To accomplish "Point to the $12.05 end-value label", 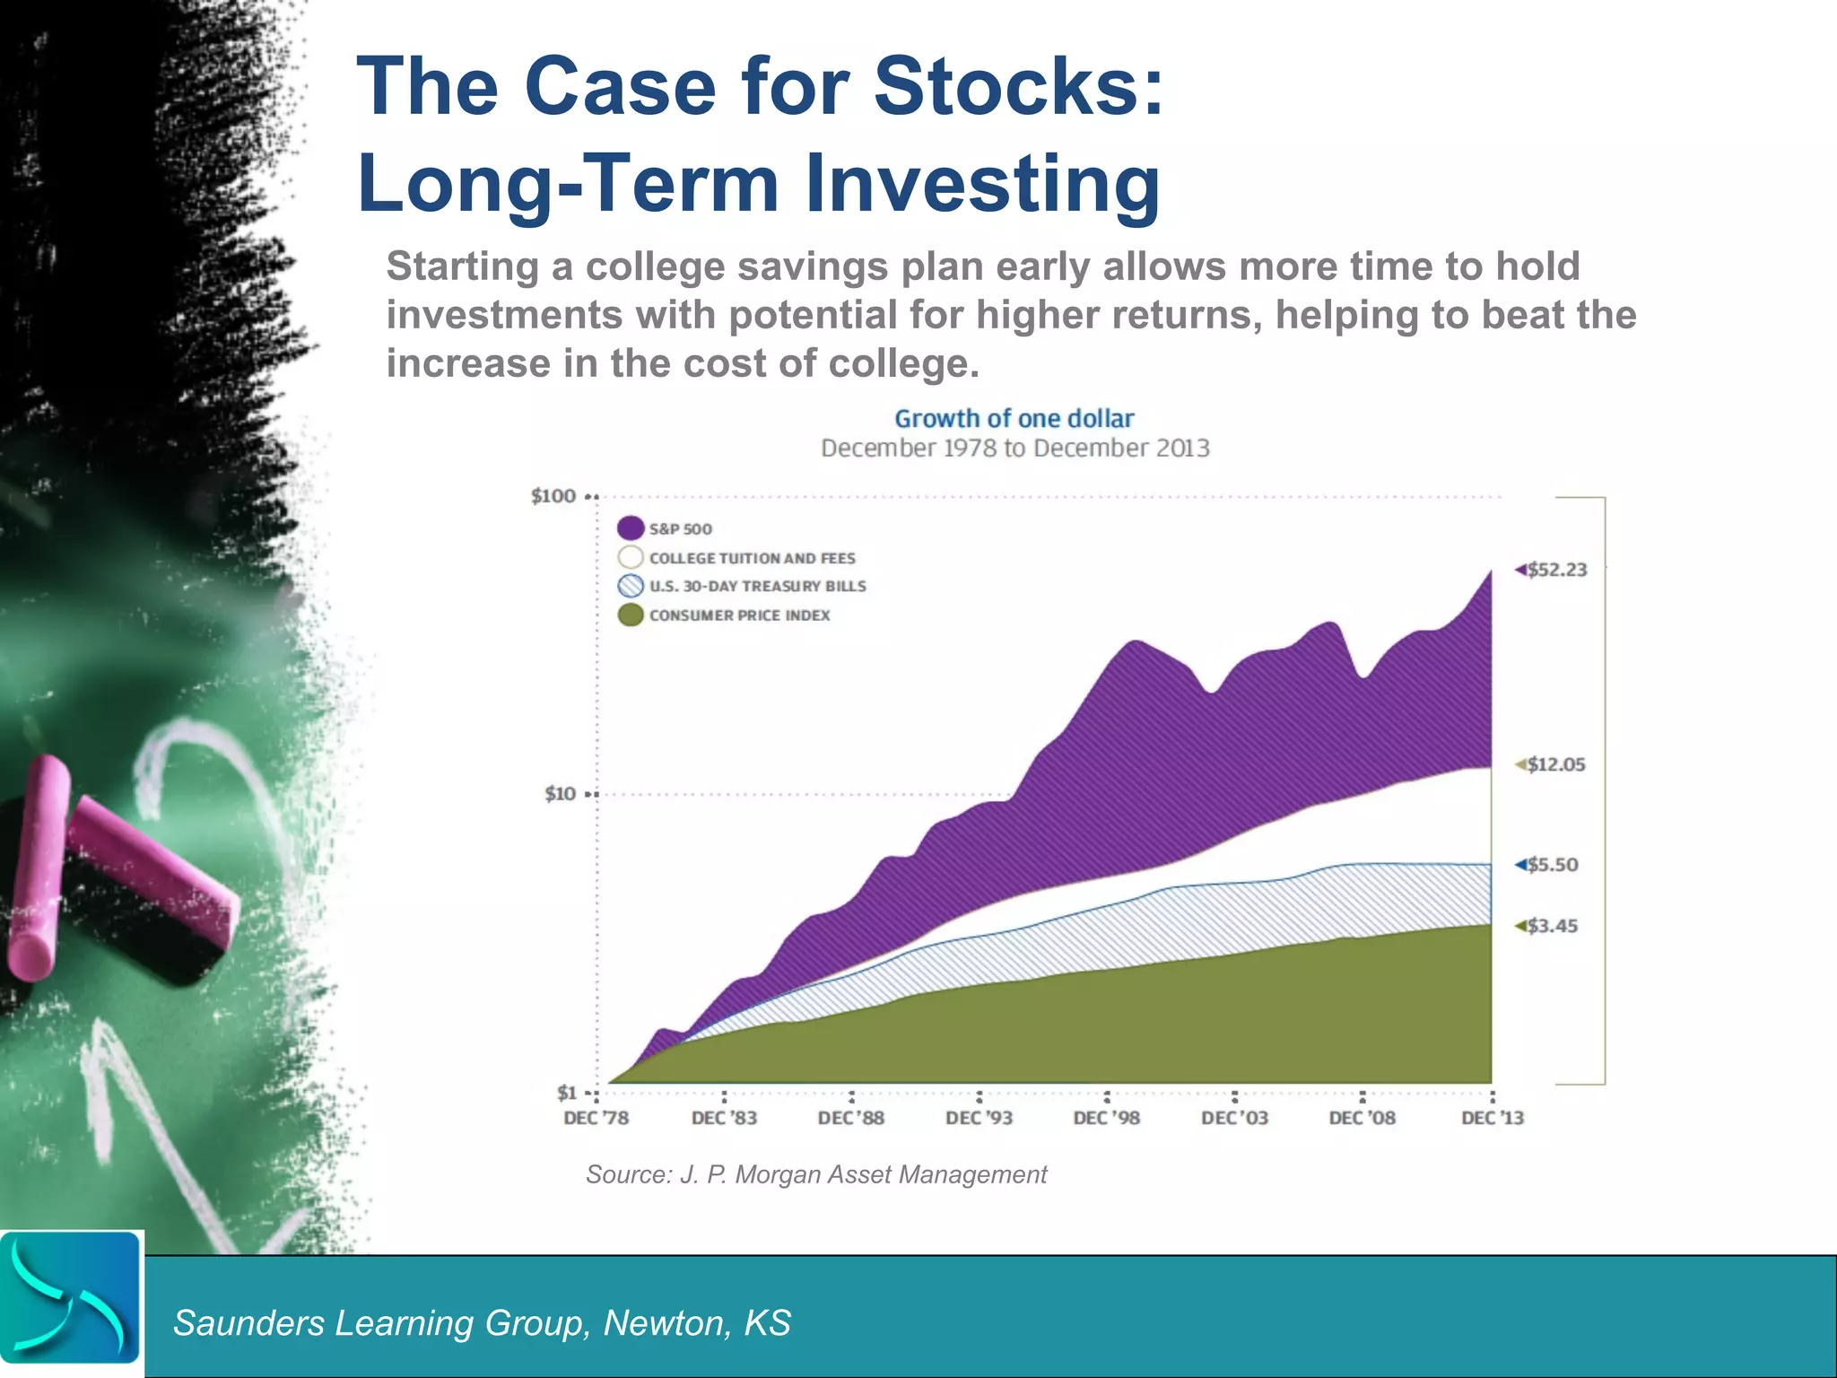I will [x=1555, y=764].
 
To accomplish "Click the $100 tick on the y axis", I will [x=553, y=496].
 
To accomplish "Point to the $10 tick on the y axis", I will [x=560, y=794].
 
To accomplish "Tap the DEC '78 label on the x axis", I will [x=596, y=1118].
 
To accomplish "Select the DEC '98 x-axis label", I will [x=1106, y=1118].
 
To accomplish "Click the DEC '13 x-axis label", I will [x=1492, y=1118].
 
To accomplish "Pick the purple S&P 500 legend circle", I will [x=631, y=528].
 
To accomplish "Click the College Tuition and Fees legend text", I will [x=752, y=558].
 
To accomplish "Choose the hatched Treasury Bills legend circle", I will [x=631, y=587].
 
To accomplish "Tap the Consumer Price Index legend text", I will [x=739, y=615].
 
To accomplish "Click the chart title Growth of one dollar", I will [x=1014, y=419].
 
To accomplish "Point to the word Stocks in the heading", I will [x=1018, y=87].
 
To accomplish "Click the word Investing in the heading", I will [x=982, y=183].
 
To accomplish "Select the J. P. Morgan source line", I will [x=815, y=1174].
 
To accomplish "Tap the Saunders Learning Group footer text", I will [x=482, y=1323].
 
